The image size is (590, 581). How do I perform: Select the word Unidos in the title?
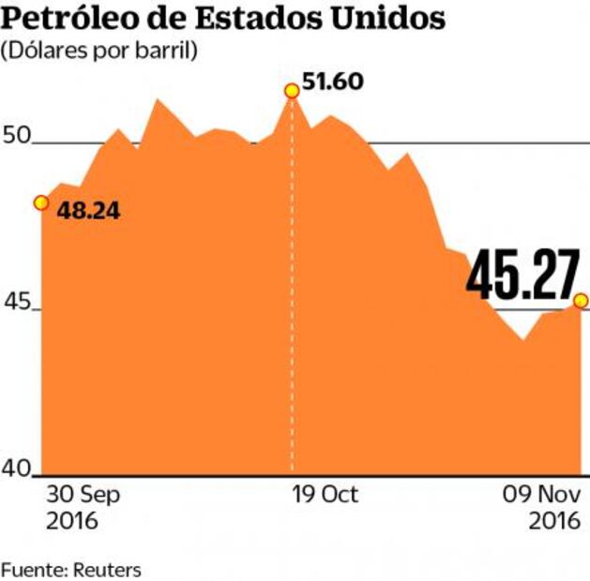[386, 19]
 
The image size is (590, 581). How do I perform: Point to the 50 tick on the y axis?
[18, 135]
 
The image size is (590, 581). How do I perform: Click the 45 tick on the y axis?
[18, 304]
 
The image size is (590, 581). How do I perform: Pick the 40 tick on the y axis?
[18, 468]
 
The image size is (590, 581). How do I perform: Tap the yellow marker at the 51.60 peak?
[292, 90]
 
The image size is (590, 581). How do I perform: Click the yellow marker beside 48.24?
[40, 202]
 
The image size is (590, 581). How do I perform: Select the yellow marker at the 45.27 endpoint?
[581, 301]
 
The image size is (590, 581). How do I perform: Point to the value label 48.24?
[89, 211]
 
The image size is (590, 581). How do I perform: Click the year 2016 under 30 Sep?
[71, 521]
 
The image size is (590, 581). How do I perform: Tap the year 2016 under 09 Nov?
[558, 521]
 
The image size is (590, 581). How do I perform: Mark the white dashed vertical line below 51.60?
[292, 281]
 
